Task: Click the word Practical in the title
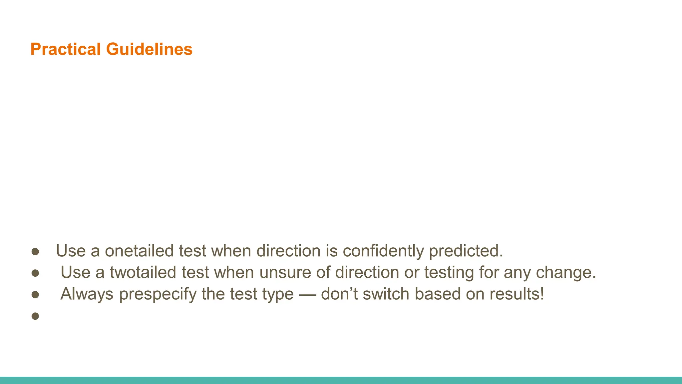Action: tap(65, 49)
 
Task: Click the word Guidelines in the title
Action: tap(149, 49)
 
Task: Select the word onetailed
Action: tap(139, 251)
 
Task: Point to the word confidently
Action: tap(383, 251)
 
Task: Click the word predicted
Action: tap(466, 251)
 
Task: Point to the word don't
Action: tap(339, 294)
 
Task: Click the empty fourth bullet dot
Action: tap(35, 316)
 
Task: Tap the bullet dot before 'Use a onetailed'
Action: tap(35, 252)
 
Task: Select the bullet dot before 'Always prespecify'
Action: tap(35, 295)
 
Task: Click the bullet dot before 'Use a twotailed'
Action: tap(35, 273)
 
